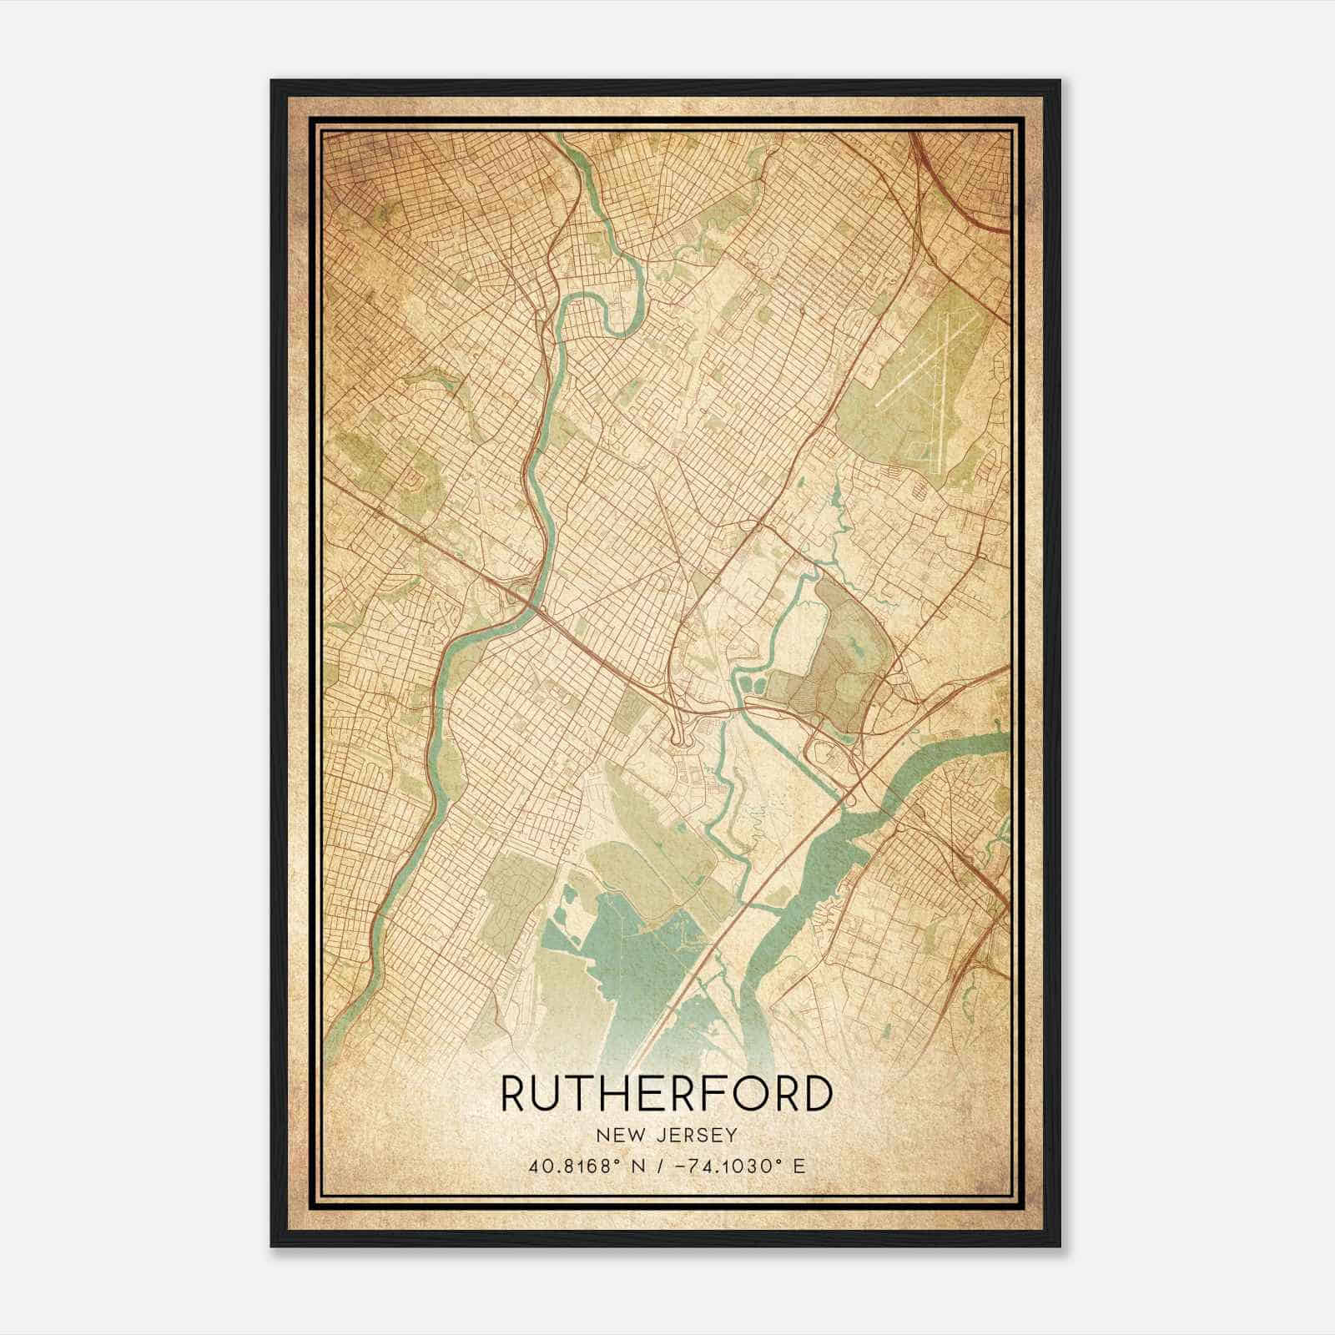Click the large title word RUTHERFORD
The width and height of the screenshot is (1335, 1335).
(x=667, y=1094)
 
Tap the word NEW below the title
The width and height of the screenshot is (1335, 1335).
(x=616, y=1135)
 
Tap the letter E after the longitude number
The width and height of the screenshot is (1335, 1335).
(x=799, y=1166)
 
